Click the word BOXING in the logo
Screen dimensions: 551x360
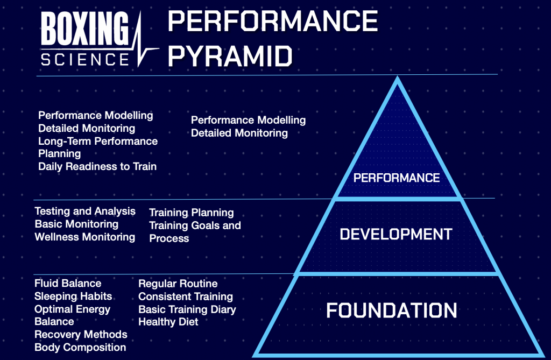[x=84, y=28]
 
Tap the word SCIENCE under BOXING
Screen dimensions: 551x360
[x=85, y=59]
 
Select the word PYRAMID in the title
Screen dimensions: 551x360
[x=230, y=57]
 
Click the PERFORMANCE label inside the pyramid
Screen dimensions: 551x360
[x=397, y=178]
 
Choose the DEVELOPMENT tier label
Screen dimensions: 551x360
[x=395, y=234]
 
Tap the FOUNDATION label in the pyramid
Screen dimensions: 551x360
[x=392, y=310]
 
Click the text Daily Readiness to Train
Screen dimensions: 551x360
[x=97, y=166]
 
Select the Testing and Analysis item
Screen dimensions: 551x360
[x=85, y=211]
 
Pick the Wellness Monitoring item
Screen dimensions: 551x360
[x=84, y=237]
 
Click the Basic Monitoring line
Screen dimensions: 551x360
[x=76, y=224]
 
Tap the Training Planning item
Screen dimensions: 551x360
[x=192, y=213]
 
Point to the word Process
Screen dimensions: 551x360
[x=169, y=238]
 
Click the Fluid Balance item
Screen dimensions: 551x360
[x=68, y=284]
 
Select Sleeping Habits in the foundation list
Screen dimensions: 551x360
[x=73, y=297]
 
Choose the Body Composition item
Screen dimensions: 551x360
[x=80, y=347]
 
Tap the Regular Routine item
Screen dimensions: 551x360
[x=178, y=284]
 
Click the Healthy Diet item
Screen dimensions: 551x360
[x=168, y=322]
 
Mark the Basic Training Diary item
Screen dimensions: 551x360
[x=187, y=309]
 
